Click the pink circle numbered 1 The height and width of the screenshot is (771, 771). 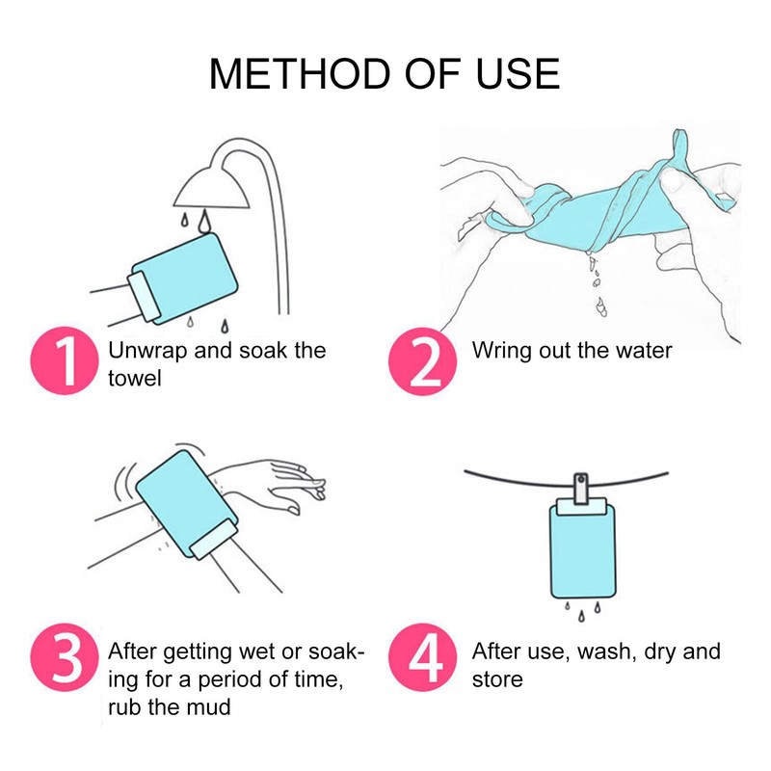pos(65,360)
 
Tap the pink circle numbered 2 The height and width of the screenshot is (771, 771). pos(422,361)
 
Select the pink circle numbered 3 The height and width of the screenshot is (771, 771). pos(65,657)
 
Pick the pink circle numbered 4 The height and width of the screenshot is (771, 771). pos(422,657)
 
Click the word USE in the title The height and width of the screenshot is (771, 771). pos(518,74)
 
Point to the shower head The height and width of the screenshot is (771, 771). pos(211,189)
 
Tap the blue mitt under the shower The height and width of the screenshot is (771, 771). pos(184,279)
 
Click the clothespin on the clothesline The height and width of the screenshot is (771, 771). pos(582,489)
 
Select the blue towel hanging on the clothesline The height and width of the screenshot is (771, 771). pos(582,548)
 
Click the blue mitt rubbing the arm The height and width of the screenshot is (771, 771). pos(187,505)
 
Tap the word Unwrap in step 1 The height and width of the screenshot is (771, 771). pos(147,351)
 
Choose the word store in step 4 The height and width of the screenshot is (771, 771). pos(497,679)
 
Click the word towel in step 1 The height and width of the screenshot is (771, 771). pos(135,378)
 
